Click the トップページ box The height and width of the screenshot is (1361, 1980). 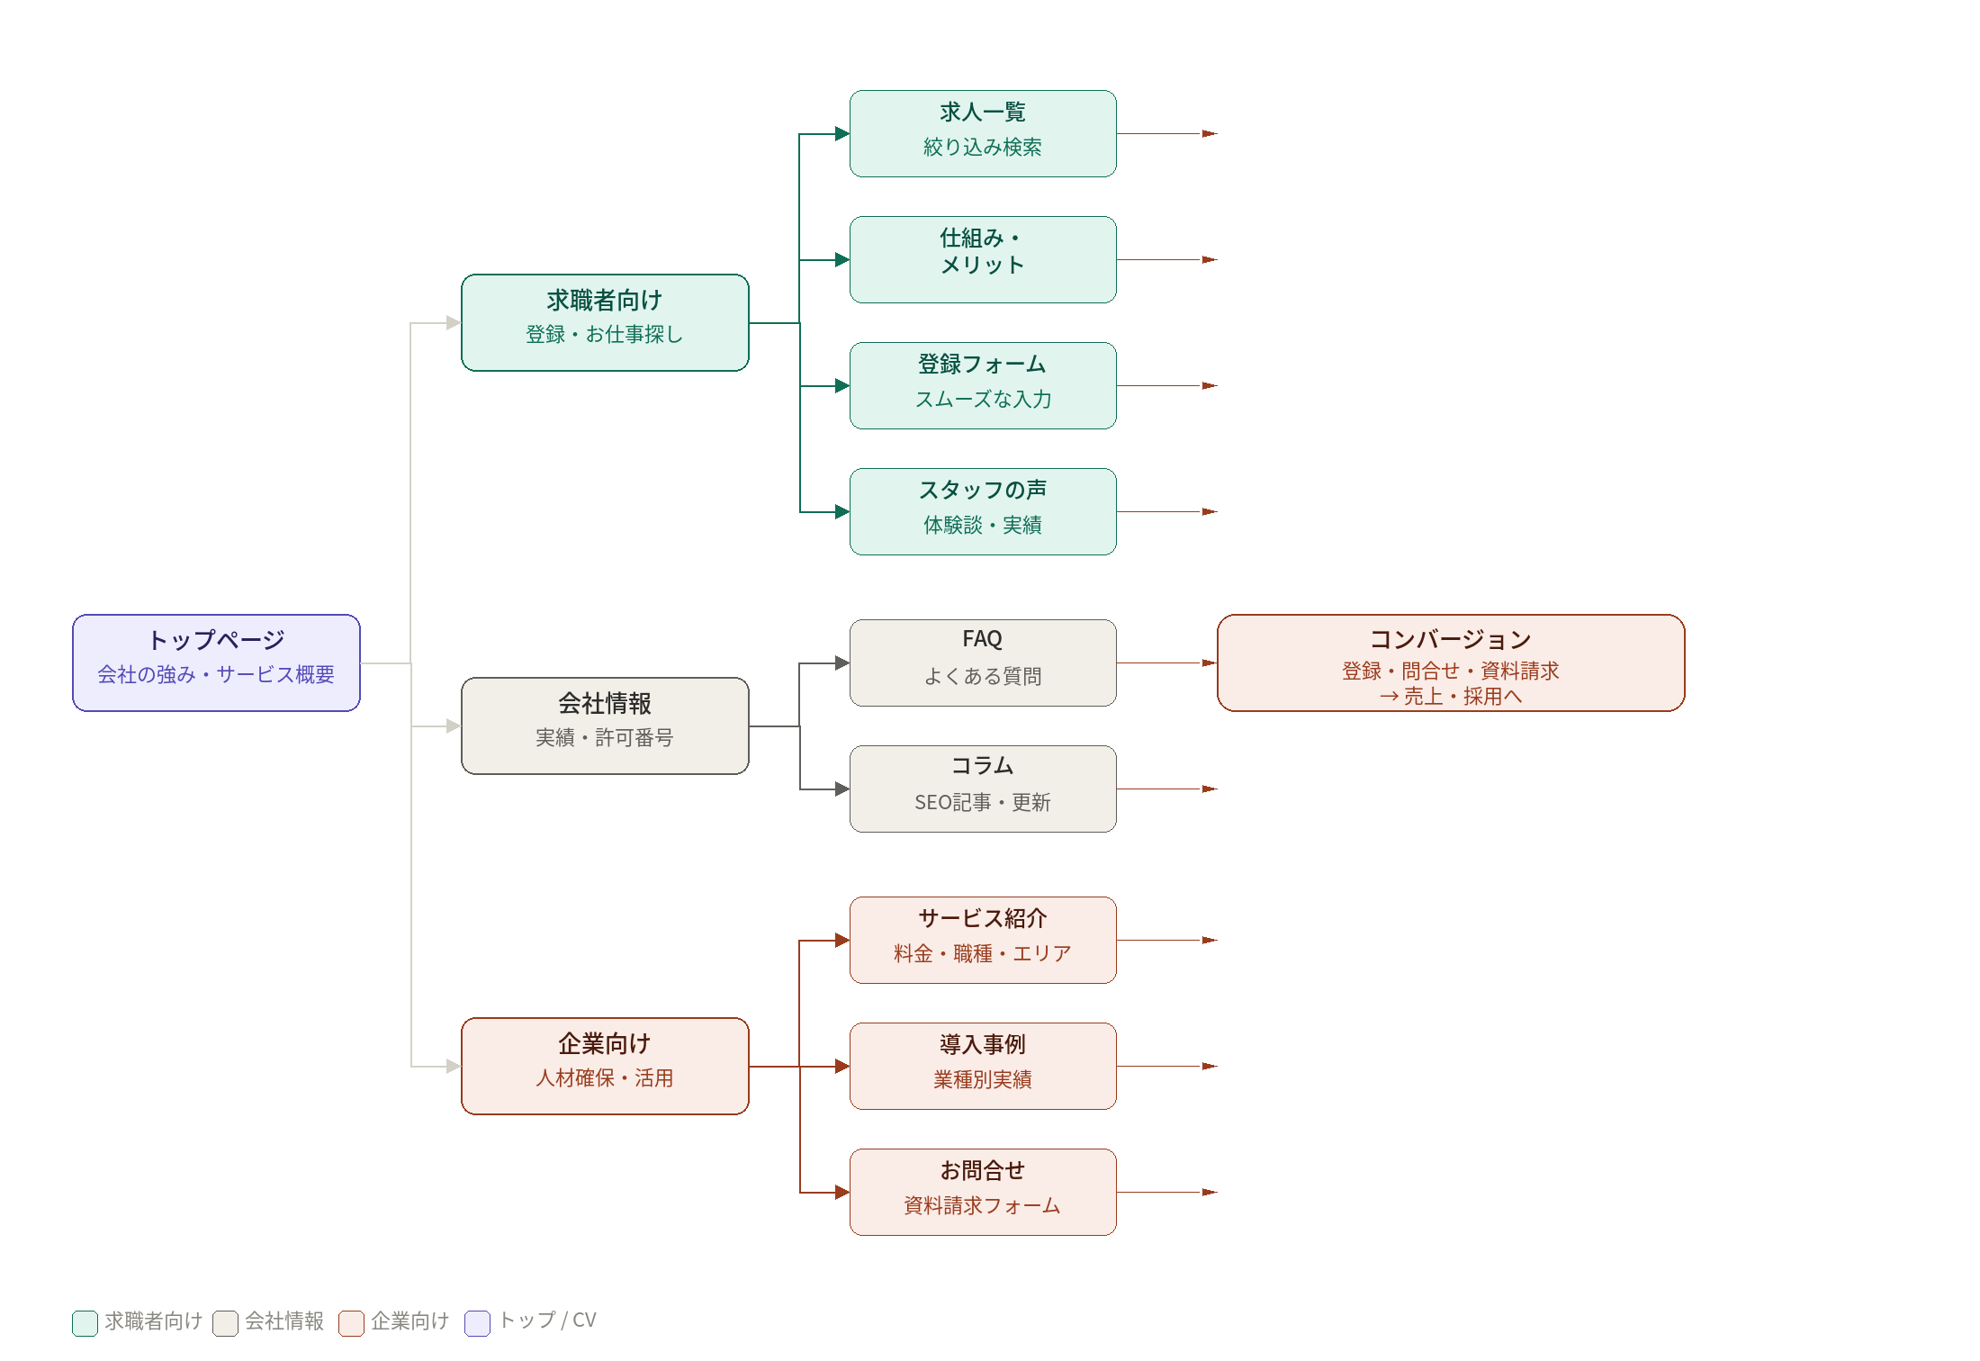[x=216, y=662]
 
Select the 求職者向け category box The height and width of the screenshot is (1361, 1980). [x=605, y=322]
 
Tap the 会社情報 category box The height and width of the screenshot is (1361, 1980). [x=605, y=726]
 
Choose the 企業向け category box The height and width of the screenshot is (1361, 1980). [x=605, y=1066]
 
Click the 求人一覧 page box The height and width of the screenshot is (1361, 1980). [x=983, y=133]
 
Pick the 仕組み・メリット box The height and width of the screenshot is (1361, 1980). [x=983, y=259]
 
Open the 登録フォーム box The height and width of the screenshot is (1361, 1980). [x=983, y=385]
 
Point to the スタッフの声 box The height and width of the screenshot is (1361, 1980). [x=983, y=511]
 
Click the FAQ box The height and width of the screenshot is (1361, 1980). [x=983, y=662]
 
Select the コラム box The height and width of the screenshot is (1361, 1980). [x=983, y=789]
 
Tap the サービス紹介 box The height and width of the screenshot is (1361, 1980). [x=983, y=940]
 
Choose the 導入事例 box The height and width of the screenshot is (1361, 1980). [x=983, y=1066]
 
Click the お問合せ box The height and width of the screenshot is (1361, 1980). [x=983, y=1192]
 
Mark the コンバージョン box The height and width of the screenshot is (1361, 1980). [x=1451, y=662]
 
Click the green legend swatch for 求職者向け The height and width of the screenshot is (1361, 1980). [x=85, y=1322]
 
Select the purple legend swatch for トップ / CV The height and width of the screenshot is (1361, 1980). [x=477, y=1322]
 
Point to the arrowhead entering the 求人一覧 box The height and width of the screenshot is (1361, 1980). [x=842, y=134]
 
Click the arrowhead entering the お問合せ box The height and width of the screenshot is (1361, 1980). [x=842, y=1193]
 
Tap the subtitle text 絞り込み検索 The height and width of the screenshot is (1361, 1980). [x=983, y=147]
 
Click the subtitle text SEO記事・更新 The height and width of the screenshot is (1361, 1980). [x=983, y=802]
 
